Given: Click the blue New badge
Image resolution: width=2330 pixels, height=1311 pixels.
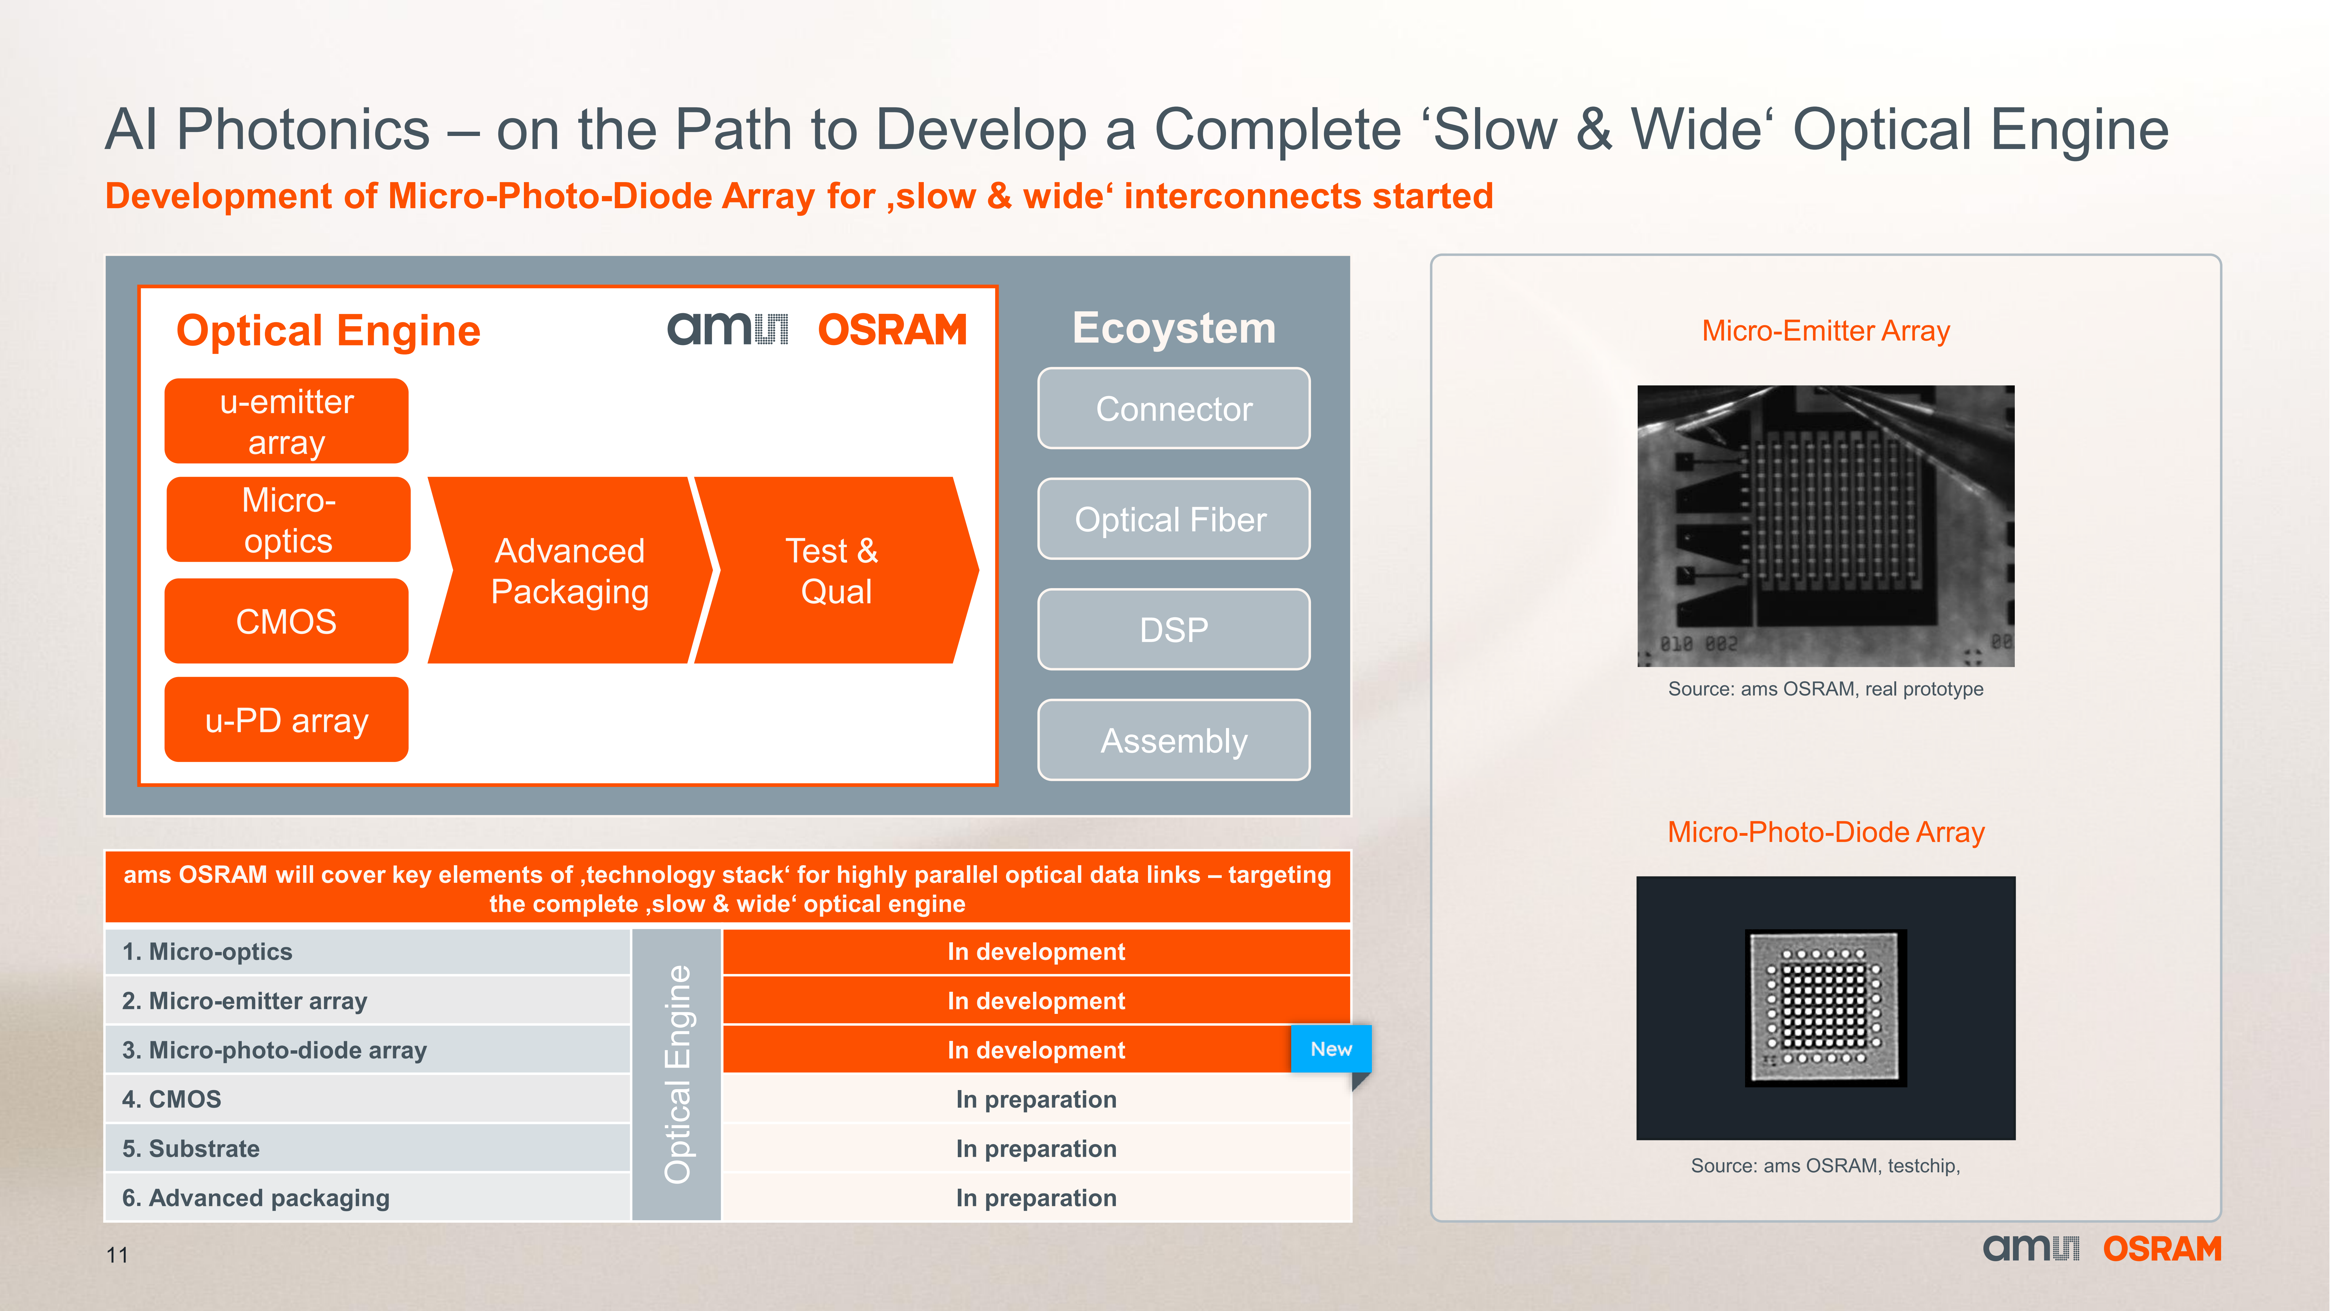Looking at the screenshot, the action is (x=1331, y=1048).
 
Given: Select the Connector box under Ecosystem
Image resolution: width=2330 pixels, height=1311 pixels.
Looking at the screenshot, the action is (x=1173, y=408).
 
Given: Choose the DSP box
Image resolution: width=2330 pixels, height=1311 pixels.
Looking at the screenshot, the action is (x=1173, y=629).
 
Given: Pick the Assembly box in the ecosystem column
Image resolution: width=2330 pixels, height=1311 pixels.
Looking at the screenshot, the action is (x=1173, y=740).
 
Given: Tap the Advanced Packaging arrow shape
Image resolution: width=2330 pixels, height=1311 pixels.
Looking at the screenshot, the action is (x=570, y=570).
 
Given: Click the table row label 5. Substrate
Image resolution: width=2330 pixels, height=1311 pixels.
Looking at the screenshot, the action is (x=191, y=1148).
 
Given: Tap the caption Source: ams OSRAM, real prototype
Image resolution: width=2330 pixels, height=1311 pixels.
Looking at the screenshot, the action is (x=1825, y=689).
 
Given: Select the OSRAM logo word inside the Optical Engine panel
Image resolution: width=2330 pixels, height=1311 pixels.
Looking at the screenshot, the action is (x=892, y=329).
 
